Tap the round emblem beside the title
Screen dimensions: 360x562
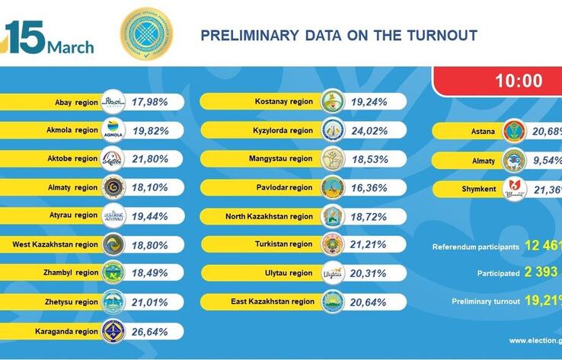pyautogui.click(x=147, y=33)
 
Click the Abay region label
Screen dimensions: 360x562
pyautogui.click(x=76, y=102)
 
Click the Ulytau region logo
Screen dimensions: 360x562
pyautogui.click(x=333, y=273)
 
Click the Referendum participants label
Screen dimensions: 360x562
pyautogui.click(x=476, y=247)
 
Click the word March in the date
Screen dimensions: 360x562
pyautogui.click(x=71, y=47)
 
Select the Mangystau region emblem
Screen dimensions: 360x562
pyautogui.click(x=333, y=159)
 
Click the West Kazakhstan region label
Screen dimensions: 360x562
pyautogui.click(x=56, y=245)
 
